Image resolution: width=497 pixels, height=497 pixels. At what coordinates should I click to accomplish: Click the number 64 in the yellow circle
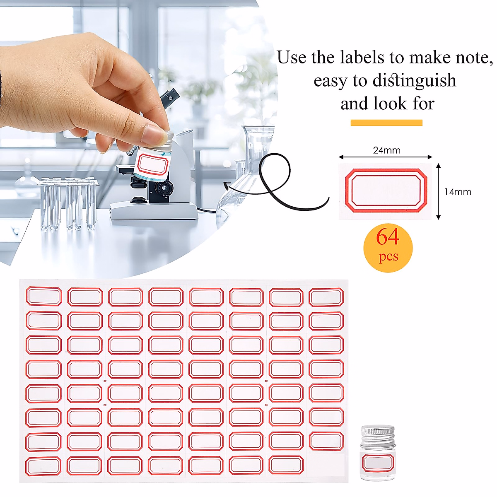[388, 237]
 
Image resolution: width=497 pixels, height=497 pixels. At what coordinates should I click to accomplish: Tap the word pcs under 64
[388, 256]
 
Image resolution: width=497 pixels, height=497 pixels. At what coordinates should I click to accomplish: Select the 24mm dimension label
[386, 150]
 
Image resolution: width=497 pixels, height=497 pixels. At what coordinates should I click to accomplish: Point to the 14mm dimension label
[458, 192]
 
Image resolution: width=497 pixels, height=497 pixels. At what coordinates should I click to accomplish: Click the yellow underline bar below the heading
[386, 123]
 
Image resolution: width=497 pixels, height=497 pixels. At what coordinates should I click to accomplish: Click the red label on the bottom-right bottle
[378, 463]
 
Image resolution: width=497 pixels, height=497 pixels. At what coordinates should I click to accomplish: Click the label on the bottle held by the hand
[152, 164]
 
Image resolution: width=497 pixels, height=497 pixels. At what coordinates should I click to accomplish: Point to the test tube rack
[68, 203]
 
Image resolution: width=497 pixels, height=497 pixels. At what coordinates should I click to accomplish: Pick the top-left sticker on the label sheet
[44, 297]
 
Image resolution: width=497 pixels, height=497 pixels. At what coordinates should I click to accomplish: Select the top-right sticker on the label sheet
[326, 297]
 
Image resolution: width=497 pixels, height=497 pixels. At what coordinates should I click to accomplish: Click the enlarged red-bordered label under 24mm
[386, 191]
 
